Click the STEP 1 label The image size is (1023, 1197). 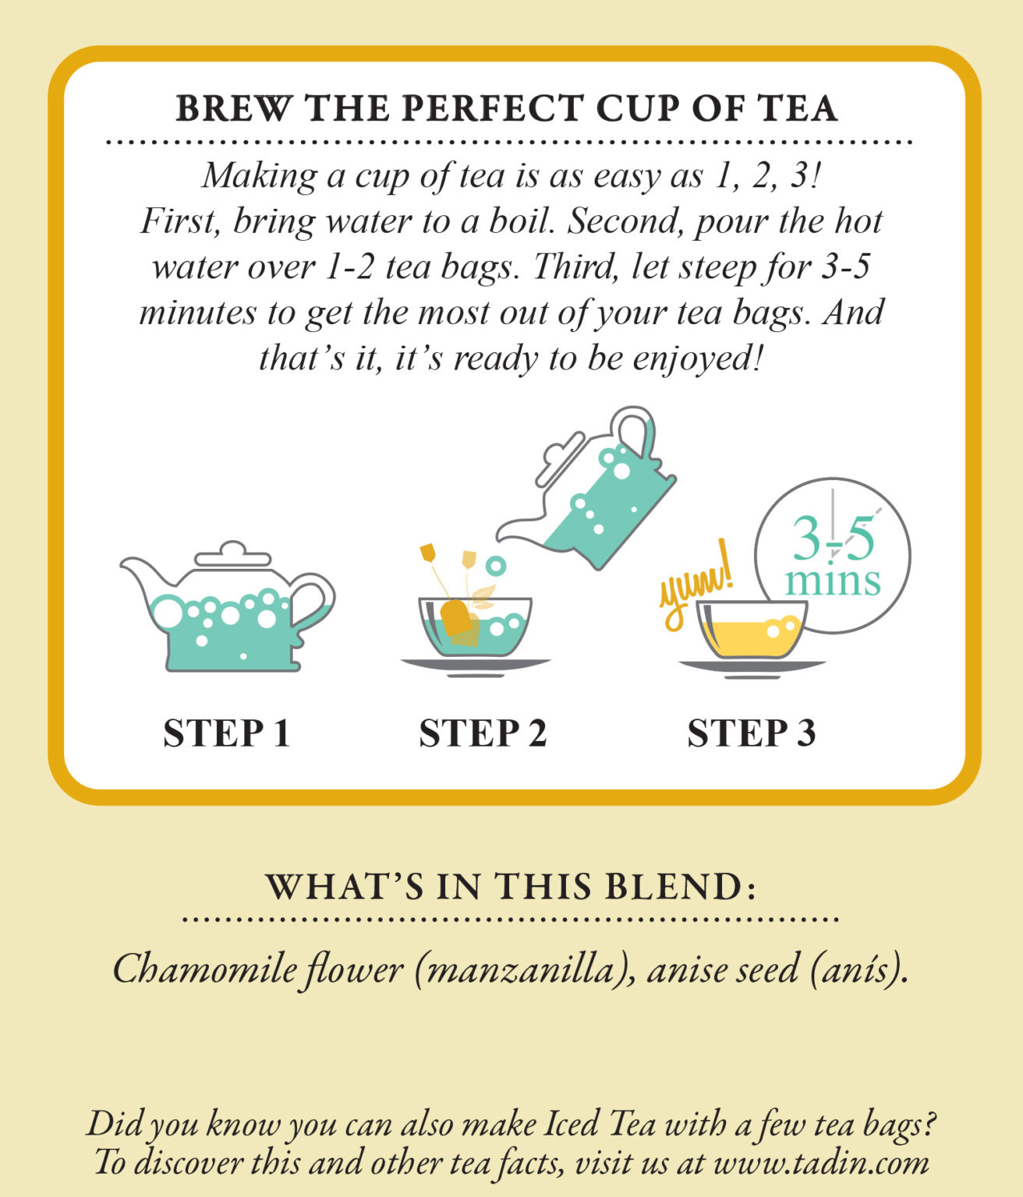click(226, 733)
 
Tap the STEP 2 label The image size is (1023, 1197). click(483, 733)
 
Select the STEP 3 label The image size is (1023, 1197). click(751, 733)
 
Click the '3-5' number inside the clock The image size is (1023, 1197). click(833, 538)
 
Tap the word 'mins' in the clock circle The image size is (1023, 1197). click(833, 581)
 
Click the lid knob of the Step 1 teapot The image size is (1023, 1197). click(232, 548)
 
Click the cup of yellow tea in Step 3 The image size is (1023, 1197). click(750, 630)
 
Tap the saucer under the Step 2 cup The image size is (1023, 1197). click(475, 665)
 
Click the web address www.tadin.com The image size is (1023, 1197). click(820, 1163)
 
